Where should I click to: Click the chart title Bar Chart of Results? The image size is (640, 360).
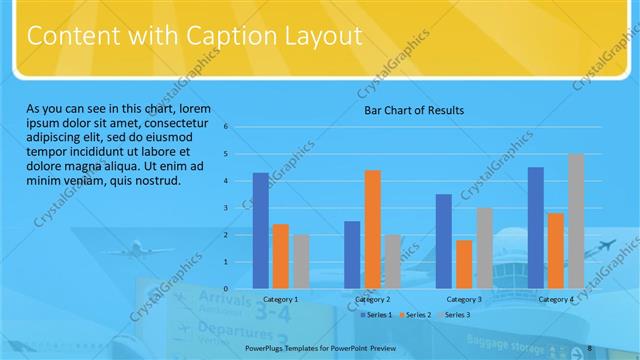coord(413,110)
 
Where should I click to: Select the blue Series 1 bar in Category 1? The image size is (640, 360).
coord(261,230)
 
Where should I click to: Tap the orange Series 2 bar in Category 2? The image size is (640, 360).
coord(372,229)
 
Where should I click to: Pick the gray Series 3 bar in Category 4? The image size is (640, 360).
coord(576,221)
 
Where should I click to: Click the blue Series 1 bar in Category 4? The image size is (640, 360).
coord(536,227)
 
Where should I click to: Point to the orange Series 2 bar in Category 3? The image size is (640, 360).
coord(464,264)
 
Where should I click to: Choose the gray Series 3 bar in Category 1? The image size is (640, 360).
coord(301,261)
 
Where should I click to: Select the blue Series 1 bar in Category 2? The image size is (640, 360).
coord(352,254)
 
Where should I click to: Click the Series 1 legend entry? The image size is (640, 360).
coord(375,315)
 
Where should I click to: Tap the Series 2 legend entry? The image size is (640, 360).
coord(414,315)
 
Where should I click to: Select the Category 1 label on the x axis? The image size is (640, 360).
coord(280,299)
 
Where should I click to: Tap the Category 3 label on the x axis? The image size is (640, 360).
coord(464,299)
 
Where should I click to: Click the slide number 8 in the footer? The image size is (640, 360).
coord(591,347)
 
